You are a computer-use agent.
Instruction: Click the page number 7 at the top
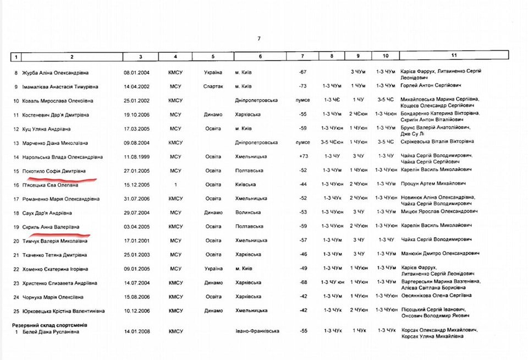tap(258, 38)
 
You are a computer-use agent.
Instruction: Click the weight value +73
tap(302, 157)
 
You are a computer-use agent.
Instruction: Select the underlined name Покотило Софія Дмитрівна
tap(53, 171)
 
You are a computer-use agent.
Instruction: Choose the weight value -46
tap(302, 254)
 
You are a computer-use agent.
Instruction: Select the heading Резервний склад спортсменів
tap(50, 325)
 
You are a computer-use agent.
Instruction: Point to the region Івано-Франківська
tap(257, 331)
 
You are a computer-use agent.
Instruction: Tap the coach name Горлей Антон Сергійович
tap(431, 86)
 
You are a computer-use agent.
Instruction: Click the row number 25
tap(16, 311)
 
